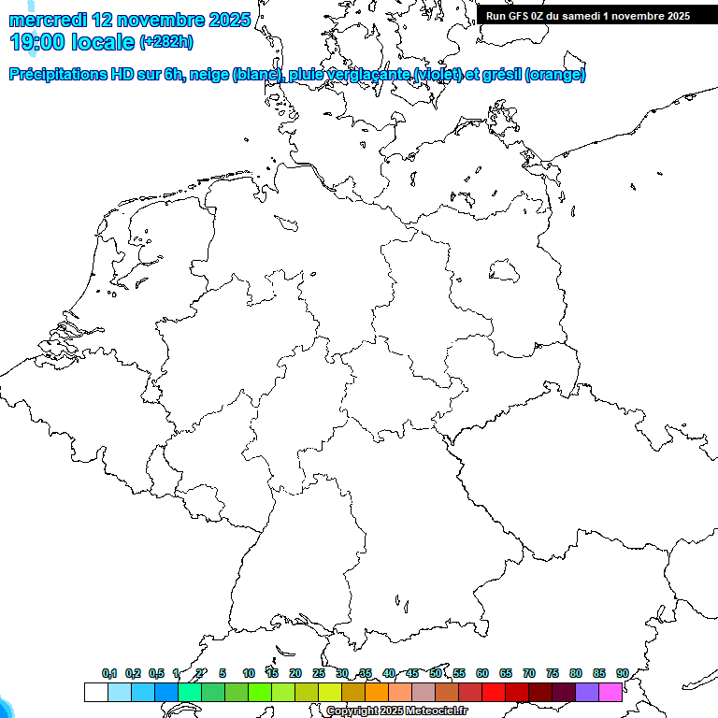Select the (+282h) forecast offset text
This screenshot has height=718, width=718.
coord(166,42)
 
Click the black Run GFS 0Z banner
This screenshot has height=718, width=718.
coord(588,16)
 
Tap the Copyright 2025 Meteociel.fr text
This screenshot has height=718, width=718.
coord(396,711)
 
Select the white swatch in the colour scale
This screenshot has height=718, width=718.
coord(95,692)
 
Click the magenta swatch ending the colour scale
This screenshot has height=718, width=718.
coord(610,692)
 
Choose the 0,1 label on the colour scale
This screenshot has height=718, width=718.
coord(109,673)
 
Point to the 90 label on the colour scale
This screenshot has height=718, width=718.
coord(623,673)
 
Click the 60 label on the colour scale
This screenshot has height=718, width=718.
coord(482,673)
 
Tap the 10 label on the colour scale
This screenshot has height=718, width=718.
coord(249,673)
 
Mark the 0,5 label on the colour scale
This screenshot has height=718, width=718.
coord(156,673)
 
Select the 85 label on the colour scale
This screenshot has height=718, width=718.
coord(599,673)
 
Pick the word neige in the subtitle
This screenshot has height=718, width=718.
coord(211,75)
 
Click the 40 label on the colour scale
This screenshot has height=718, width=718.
coord(389,673)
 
